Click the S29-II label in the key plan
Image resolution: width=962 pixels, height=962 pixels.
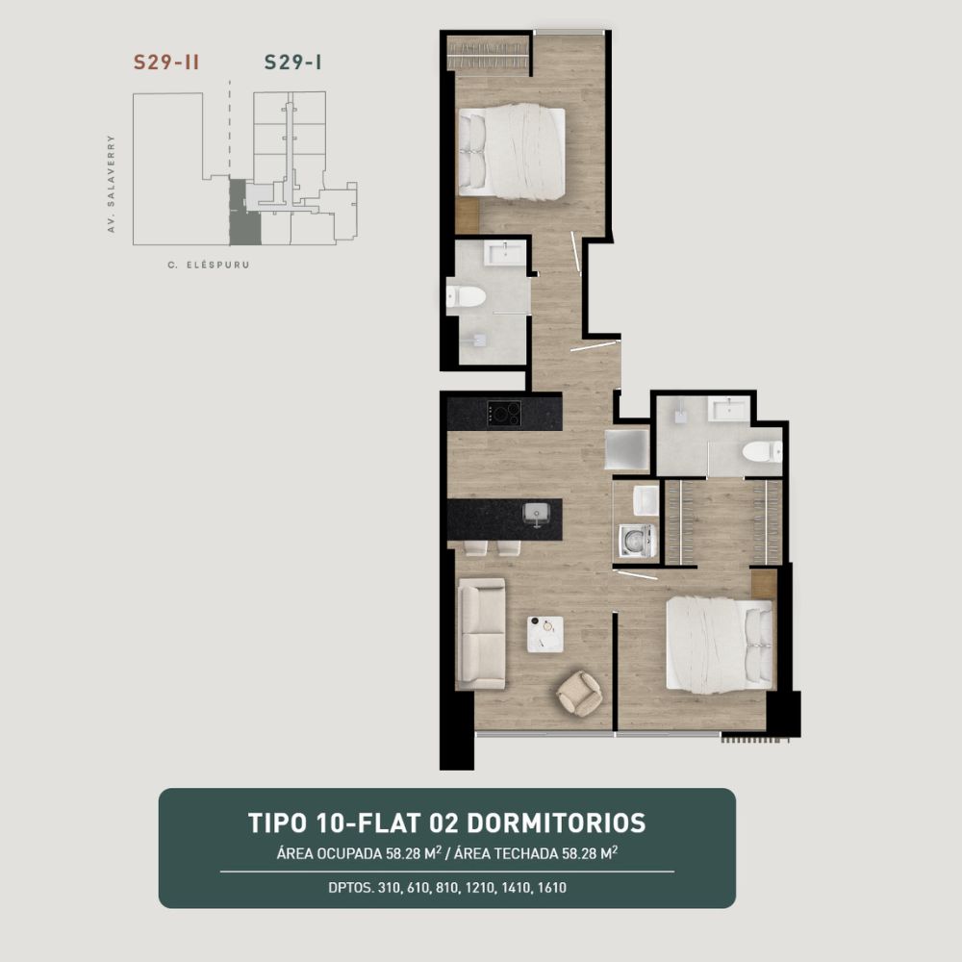point(166,63)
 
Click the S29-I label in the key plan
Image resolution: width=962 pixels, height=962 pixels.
point(292,63)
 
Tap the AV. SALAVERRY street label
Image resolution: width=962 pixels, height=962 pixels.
point(111,184)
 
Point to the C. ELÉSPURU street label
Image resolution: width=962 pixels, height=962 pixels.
point(209,266)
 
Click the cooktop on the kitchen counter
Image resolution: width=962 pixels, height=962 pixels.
point(504,413)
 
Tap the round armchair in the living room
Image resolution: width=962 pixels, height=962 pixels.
point(578,693)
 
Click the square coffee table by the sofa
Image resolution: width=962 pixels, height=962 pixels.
point(544,634)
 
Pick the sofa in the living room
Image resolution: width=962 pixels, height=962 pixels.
point(482,633)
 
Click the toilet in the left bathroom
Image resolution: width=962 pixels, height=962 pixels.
point(466,297)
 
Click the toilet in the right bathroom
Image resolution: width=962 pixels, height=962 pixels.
point(762,452)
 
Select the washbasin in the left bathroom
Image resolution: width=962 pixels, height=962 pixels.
point(504,253)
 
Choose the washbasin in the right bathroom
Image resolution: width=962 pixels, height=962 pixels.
point(729,409)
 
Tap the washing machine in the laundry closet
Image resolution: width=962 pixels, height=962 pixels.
point(637,541)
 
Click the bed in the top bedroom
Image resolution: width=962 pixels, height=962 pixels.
point(512,151)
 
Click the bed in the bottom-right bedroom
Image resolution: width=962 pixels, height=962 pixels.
point(719,646)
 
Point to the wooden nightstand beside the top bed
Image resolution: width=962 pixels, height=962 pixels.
point(467,215)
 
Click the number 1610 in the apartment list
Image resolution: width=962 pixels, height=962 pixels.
point(551,887)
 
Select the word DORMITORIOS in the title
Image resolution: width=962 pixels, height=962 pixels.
point(556,823)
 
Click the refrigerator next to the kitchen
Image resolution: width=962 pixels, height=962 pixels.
point(626,450)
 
